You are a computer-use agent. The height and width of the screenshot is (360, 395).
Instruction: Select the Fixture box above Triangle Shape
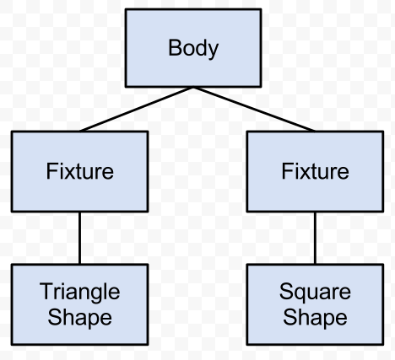79,171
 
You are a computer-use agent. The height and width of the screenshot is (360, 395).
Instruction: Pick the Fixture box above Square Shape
315,171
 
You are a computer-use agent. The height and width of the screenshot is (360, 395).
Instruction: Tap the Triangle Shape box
79,304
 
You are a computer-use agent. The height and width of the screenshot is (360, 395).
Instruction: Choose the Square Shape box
315,304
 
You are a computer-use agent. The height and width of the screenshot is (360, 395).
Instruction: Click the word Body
193,48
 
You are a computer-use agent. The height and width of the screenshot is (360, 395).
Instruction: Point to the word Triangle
79,293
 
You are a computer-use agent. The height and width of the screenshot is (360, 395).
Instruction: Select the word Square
315,293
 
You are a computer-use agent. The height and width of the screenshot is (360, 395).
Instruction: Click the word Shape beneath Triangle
79,318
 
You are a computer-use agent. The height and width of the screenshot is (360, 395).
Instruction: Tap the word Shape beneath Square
315,318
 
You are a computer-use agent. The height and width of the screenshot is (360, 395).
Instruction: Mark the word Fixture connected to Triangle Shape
79,171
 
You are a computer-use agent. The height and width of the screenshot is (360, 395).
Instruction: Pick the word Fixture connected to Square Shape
315,171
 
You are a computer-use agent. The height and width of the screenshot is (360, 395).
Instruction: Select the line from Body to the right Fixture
253,110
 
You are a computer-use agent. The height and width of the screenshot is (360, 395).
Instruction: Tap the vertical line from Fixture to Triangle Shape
79,238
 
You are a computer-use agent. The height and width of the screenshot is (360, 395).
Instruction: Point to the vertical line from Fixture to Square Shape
315,238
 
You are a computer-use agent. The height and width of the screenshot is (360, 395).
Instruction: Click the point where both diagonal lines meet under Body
193,88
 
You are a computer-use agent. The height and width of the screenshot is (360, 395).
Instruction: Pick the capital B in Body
174,48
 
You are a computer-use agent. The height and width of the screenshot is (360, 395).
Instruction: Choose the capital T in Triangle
45,292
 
